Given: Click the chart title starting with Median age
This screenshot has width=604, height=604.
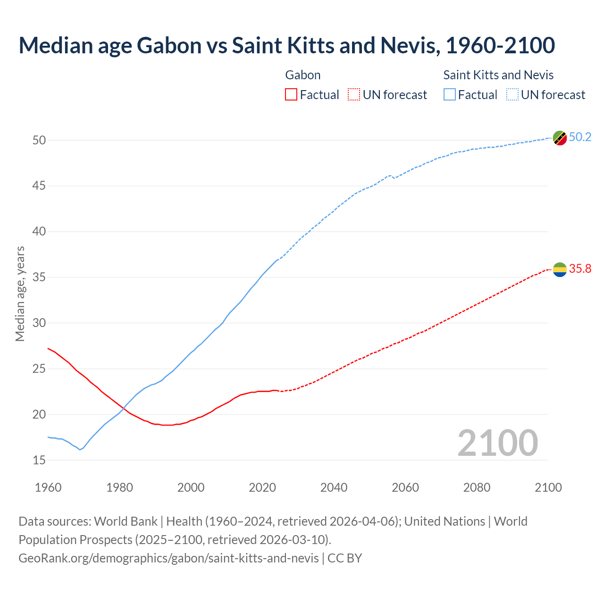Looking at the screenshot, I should (286, 45).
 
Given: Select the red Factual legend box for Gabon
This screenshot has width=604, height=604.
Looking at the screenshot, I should (291, 95).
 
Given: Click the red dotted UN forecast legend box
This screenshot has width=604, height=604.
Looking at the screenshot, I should (354, 95).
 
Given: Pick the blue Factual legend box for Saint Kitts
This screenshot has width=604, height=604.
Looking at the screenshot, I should (449, 95).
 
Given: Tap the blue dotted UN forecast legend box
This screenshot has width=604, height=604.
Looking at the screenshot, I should (512, 95).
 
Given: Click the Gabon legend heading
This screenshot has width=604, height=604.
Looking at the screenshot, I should (303, 75).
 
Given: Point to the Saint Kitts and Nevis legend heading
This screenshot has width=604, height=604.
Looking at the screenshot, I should (498, 75).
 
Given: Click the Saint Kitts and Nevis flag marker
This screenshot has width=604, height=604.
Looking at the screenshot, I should (560, 138).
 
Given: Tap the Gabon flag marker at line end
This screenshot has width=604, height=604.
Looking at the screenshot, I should (560, 269).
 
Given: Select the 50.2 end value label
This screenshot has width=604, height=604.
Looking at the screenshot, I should (580, 137).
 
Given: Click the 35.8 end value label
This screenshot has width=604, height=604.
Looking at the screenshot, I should (580, 269).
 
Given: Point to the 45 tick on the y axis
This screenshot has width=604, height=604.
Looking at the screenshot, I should (39, 186).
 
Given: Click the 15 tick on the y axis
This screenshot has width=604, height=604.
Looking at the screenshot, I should (39, 460).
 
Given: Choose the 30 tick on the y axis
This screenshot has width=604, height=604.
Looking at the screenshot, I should (39, 323).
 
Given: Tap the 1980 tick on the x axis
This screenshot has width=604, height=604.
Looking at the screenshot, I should (119, 487).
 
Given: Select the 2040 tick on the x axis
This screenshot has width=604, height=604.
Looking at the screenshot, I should (334, 487).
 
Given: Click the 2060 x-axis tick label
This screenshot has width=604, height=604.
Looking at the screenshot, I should (405, 487).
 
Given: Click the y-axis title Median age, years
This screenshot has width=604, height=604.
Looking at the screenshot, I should (20, 294).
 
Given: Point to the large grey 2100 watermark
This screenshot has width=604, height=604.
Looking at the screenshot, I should (498, 443).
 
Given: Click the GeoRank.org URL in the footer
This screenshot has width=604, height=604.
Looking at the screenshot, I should (168, 558).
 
